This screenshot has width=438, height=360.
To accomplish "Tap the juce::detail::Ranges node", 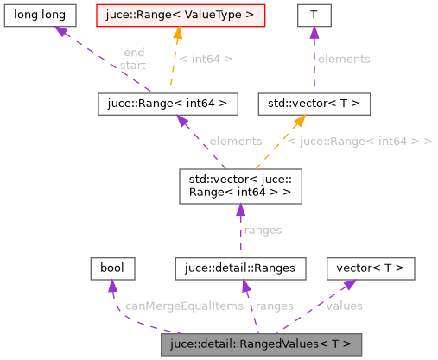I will click(x=240, y=268).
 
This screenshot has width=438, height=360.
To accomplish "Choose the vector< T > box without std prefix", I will click(x=370, y=268).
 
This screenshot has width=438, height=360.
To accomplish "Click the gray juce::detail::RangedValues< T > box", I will click(x=261, y=344).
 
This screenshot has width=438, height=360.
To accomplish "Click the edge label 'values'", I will click(x=343, y=306).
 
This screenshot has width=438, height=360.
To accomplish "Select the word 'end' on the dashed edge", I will click(x=133, y=53).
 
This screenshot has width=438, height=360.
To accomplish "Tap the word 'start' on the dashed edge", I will click(x=133, y=65).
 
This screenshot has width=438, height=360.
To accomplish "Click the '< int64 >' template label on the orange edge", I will click(x=206, y=59).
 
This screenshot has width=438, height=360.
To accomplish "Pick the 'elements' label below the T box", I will click(x=343, y=59).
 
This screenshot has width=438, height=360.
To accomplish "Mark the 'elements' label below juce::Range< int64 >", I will click(x=235, y=141).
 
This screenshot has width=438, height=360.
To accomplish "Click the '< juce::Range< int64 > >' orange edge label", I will click(x=359, y=141).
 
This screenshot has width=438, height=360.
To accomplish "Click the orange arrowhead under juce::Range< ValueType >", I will click(x=177, y=35).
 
